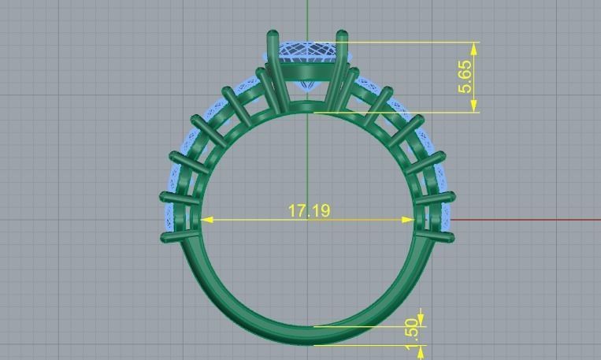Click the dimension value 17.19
pos(309,210)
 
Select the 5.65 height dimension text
pos(467,76)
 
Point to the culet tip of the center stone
pos(307,89)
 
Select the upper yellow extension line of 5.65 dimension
pos(410,43)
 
